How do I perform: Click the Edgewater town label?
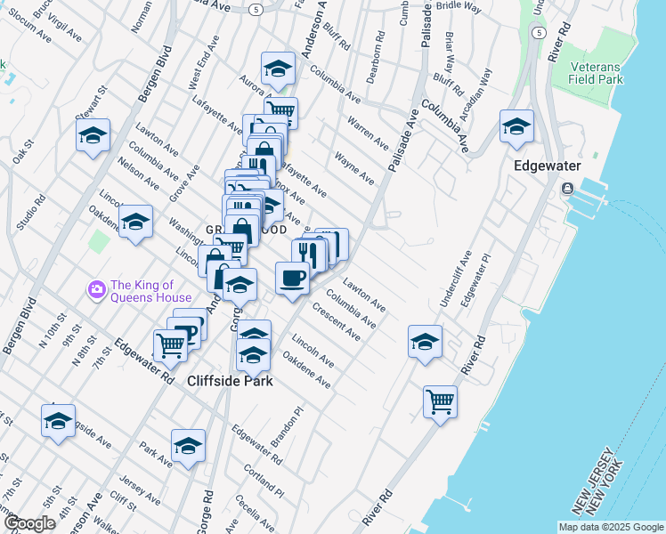coord(547,166)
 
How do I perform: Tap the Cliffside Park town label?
coord(229,380)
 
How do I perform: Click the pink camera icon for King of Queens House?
coord(95,288)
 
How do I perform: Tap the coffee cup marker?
coord(292,279)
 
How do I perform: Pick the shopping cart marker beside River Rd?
coord(440,401)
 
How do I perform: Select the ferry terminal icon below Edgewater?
coord(567,189)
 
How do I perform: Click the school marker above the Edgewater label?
coord(516,127)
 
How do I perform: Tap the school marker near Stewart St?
coord(93,135)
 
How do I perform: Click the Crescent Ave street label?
coord(337,321)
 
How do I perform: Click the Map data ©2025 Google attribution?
coord(610,527)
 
